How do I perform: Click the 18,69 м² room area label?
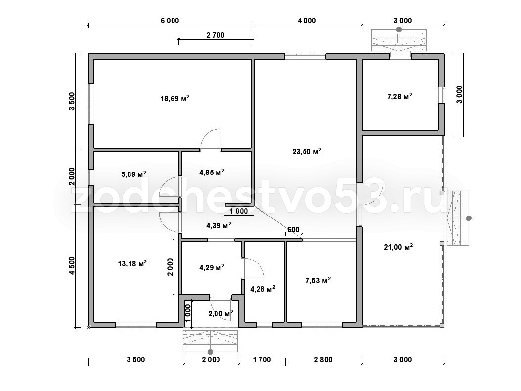[x=175, y=99]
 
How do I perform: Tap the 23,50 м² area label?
[x=306, y=151]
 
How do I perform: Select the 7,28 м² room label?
[x=400, y=97]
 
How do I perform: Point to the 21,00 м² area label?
[x=398, y=247]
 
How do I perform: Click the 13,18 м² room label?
[x=132, y=264]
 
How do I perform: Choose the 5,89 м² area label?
[x=134, y=174]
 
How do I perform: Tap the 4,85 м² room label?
[x=212, y=172]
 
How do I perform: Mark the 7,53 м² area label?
[x=318, y=281]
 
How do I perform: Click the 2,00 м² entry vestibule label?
[x=221, y=313]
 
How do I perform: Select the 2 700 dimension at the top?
[x=216, y=35]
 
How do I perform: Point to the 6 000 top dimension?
[x=170, y=21]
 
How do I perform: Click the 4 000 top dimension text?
[x=306, y=21]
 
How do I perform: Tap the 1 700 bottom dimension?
[x=262, y=360]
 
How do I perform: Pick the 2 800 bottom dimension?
[x=323, y=360]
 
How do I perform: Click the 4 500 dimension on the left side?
[x=72, y=266]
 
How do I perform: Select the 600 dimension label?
[x=293, y=229]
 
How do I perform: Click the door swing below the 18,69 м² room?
[x=211, y=140]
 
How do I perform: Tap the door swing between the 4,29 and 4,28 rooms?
[x=253, y=268]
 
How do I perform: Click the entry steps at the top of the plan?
[x=399, y=41]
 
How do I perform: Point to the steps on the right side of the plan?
[x=458, y=218]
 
